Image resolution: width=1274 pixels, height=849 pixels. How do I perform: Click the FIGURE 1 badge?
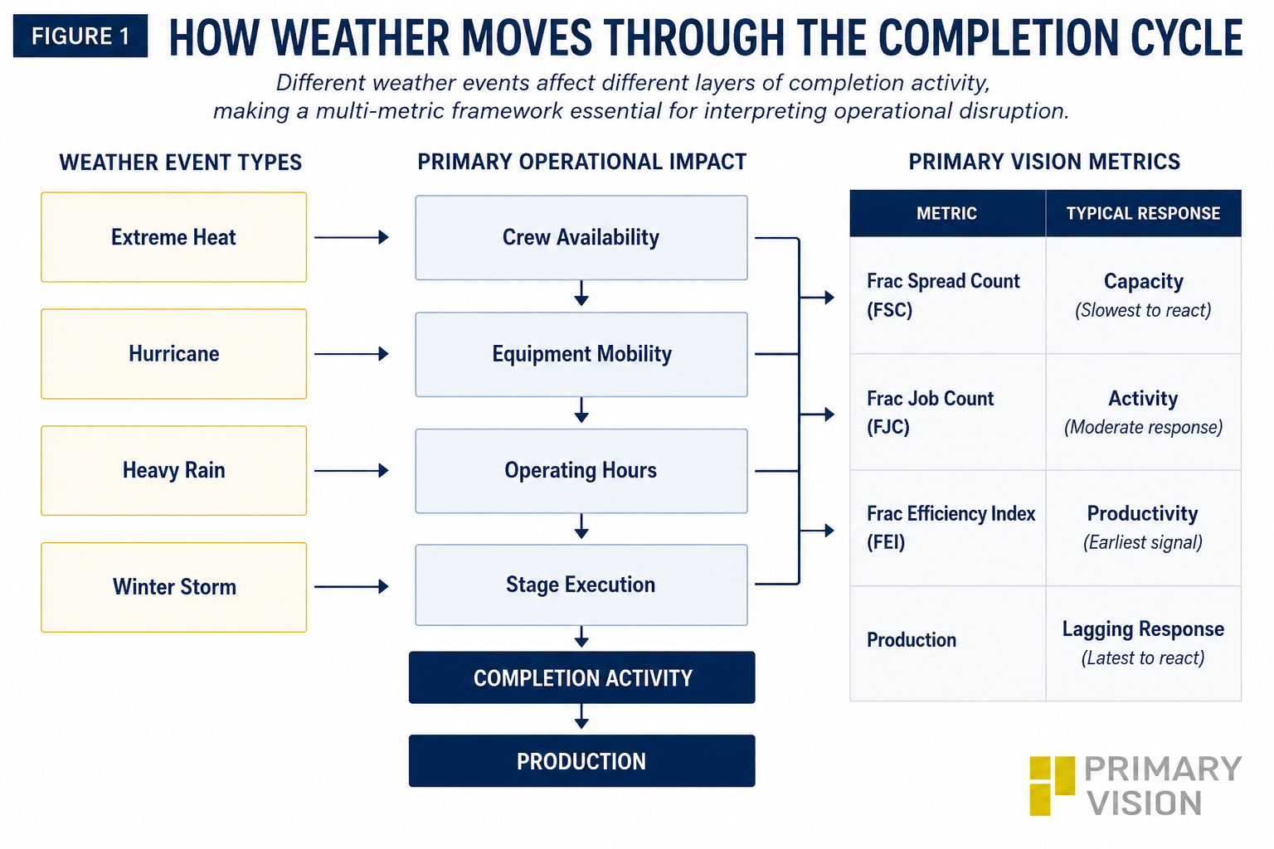[x=80, y=36]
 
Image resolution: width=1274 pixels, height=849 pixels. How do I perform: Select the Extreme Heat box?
[x=173, y=237]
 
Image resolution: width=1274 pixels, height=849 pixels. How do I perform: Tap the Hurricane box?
[x=173, y=354]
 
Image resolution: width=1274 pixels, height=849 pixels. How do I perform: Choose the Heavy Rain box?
[x=173, y=471]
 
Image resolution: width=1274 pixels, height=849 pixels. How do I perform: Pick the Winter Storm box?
[x=173, y=588]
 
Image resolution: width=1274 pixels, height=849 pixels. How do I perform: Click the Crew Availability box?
[x=581, y=238]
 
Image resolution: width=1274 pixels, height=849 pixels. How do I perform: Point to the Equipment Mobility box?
[x=581, y=354]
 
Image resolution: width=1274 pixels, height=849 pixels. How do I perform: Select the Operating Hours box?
[x=581, y=471]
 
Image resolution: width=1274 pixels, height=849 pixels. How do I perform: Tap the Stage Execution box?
[x=581, y=585]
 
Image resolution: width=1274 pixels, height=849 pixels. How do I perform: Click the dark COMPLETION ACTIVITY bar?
[x=581, y=677]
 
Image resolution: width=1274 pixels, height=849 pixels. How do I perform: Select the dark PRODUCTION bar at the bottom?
[x=581, y=761]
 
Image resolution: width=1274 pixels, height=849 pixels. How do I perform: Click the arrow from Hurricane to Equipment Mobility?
[x=352, y=354]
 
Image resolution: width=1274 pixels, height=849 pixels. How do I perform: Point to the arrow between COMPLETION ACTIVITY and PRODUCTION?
[x=581, y=716]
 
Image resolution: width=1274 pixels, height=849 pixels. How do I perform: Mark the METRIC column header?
[x=947, y=213]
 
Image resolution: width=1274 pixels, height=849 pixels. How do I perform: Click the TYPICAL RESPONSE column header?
[x=1143, y=213]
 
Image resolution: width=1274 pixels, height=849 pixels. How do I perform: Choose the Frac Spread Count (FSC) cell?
[x=947, y=295]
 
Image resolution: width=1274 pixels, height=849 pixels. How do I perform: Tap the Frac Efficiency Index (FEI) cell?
[x=947, y=527]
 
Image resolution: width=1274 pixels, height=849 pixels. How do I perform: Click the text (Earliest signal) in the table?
[x=1143, y=542]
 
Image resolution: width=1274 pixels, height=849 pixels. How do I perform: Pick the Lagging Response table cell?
[x=1143, y=643]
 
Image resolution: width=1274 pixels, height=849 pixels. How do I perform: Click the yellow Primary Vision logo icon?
[x=1052, y=786]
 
